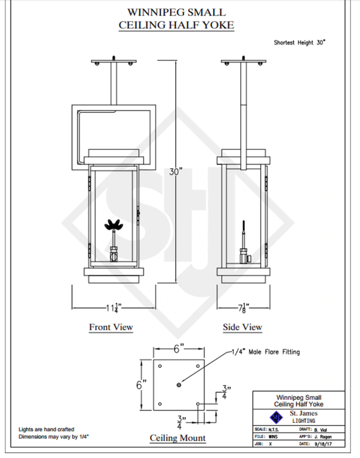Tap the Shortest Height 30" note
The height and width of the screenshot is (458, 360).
click(x=301, y=42)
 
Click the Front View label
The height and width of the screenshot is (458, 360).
click(x=111, y=327)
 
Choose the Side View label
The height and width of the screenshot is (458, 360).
click(x=243, y=327)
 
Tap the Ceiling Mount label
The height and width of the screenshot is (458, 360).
click(x=178, y=438)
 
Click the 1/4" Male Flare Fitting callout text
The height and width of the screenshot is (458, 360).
click(x=265, y=352)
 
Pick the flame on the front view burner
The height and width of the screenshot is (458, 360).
click(x=113, y=226)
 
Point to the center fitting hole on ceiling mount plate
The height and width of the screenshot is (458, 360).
click(x=179, y=385)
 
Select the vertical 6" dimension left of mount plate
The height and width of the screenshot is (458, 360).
click(x=140, y=385)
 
